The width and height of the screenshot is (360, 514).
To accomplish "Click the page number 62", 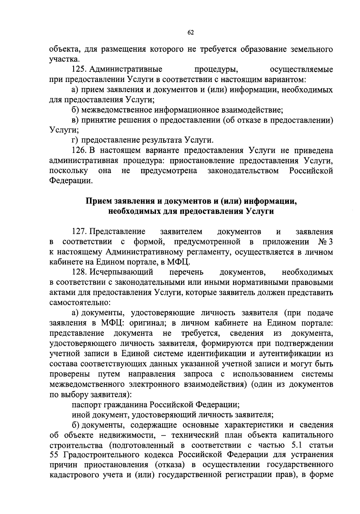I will tap(190, 33).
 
